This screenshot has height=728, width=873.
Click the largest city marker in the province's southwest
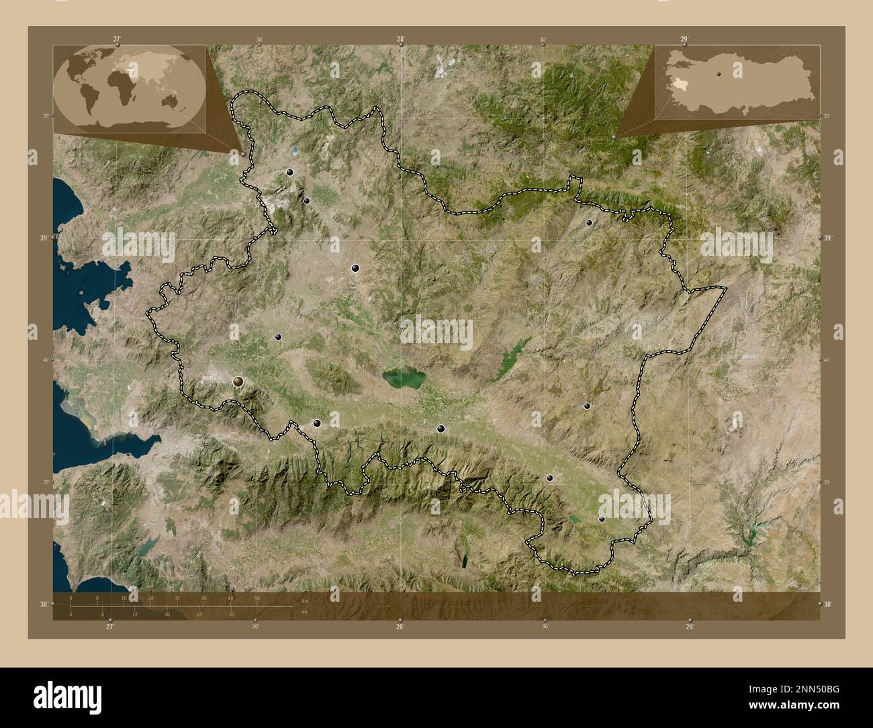238,382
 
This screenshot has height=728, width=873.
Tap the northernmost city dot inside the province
289,173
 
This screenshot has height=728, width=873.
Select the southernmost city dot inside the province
602,519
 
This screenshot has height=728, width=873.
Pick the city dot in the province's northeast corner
589,222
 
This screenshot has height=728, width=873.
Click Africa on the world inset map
120,85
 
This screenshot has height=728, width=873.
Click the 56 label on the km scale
257,598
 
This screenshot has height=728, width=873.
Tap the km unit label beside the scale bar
304,600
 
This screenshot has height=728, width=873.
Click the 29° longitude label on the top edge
684,40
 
